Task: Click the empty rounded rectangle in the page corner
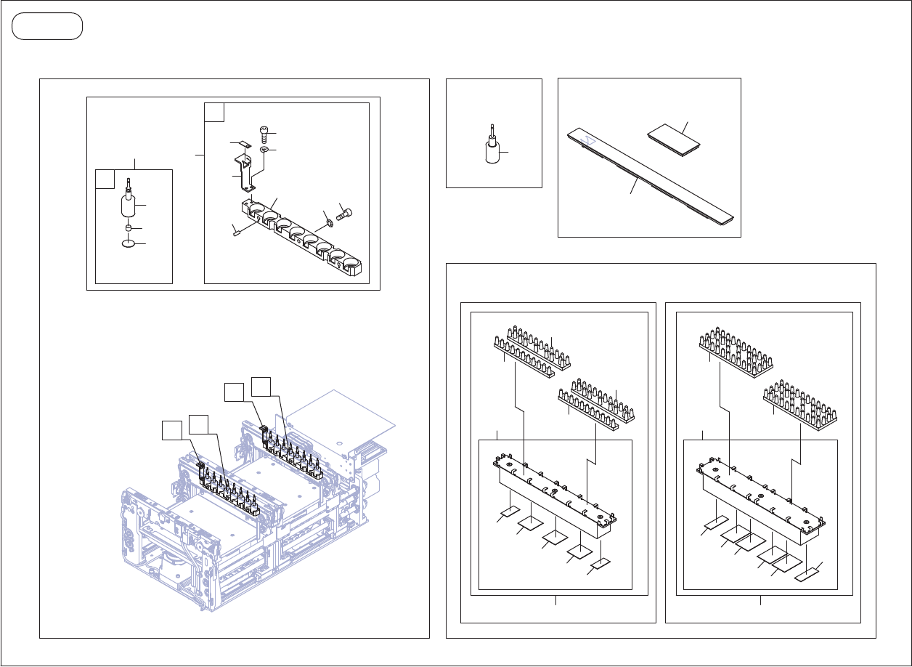click(47, 26)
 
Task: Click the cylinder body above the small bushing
click(129, 206)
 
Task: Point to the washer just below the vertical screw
click(264, 150)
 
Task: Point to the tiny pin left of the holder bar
click(236, 232)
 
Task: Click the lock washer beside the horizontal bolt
click(329, 222)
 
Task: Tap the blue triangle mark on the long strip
click(590, 136)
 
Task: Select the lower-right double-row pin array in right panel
click(801, 403)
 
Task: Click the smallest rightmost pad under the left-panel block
click(600, 564)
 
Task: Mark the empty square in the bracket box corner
click(214, 112)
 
